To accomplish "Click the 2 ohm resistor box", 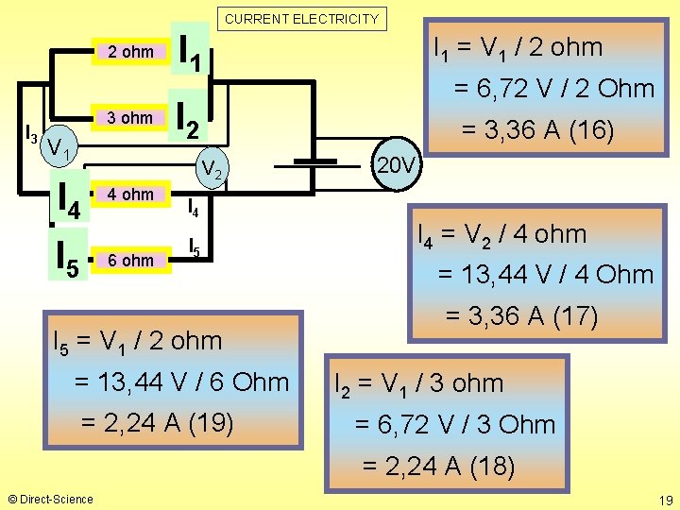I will (130, 52).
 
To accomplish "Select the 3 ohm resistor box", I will (130, 118).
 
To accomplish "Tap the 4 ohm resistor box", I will (130, 195).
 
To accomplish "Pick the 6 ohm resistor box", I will (130, 260).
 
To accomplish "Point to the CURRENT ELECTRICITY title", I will (302, 18).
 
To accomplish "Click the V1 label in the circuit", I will (63, 147).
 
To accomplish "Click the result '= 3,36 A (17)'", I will (521, 315).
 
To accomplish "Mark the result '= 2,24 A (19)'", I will (159, 422).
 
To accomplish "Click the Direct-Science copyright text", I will (50, 499).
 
